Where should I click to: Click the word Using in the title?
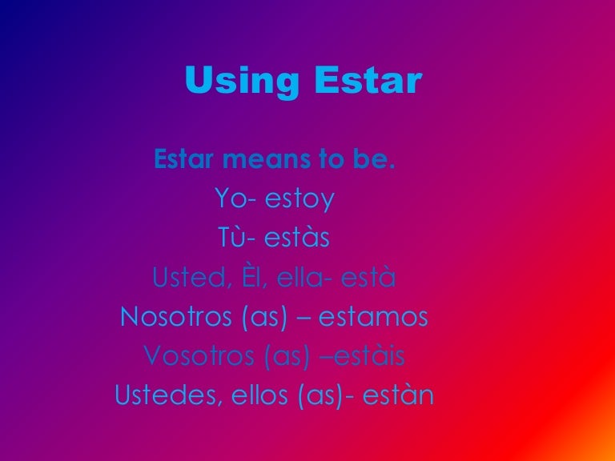[x=242, y=81]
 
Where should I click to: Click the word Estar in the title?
[x=368, y=80]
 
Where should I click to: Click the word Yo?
[x=231, y=198]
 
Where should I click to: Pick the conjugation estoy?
[x=299, y=199]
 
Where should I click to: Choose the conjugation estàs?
[x=297, y=237]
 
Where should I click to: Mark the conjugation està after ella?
[x=368, y=276]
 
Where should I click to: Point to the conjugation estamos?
[x=373, y=317]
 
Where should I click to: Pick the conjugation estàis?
[x=369, y=355]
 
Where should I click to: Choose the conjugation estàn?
[x=398, y=395]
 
